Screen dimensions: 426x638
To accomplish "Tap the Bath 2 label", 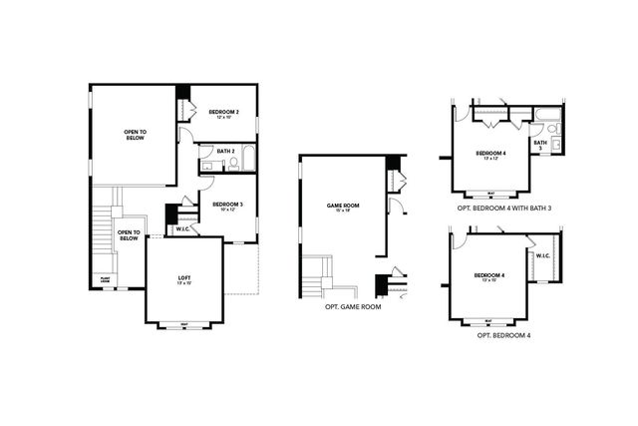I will [224, 151].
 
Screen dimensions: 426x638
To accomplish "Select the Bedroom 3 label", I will [228, 204].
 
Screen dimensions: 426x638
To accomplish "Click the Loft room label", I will [183, 277].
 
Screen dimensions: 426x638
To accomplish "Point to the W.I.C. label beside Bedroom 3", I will [182, 229].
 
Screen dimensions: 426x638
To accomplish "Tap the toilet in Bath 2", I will [232, 163].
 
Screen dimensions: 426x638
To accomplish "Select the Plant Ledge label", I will [105, 279].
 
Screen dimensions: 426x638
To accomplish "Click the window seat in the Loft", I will [184, 324].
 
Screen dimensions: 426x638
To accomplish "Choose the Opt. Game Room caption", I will [353, 307].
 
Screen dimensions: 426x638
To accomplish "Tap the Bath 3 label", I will [539, 144].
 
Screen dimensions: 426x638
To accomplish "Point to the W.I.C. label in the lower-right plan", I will [542, 255].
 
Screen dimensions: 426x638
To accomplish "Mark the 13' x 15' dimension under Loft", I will [183, 284].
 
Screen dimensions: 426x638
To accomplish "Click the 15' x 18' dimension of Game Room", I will [342, 213].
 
